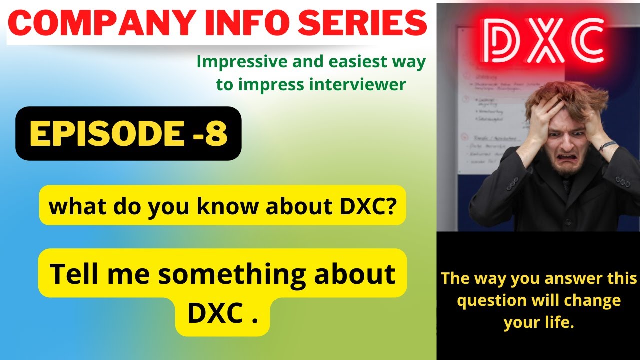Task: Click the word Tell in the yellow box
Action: pos(74,274)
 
